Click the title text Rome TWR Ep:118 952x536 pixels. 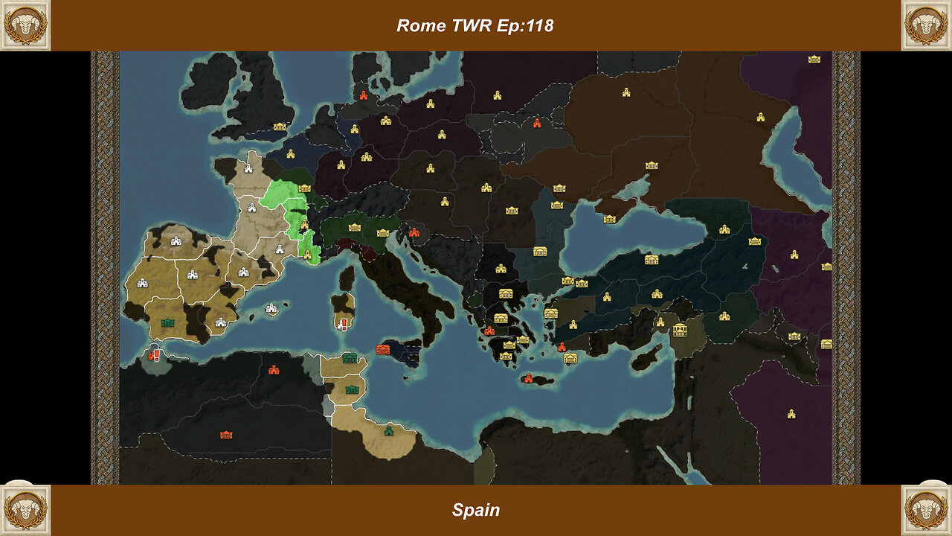475,25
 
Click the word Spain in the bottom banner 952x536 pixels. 475,510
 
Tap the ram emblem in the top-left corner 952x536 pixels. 25,25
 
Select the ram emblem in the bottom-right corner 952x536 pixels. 926,510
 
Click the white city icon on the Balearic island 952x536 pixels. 271,307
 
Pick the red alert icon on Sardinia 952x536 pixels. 343,324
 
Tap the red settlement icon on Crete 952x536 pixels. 530,379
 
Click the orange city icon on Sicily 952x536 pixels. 383,350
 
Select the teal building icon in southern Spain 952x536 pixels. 168,323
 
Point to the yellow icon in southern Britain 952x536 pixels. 280,127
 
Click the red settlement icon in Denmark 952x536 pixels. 364,95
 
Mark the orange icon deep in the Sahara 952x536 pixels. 226,435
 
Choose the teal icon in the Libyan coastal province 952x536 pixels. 388,430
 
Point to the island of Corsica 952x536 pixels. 347,278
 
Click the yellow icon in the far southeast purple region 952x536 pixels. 791,413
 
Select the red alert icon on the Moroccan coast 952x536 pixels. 154,356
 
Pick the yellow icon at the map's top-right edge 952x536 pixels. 814,59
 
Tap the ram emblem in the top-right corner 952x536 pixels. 926,25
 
